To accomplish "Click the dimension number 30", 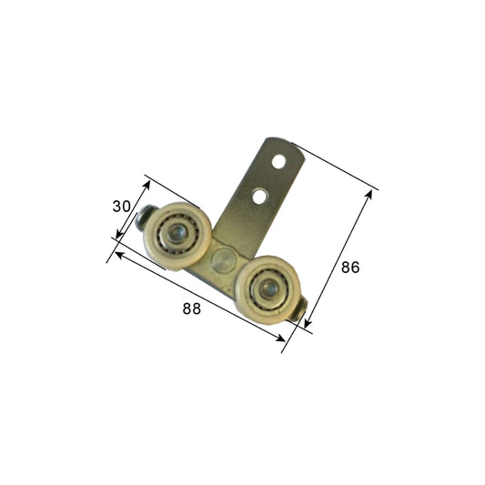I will (121, 207).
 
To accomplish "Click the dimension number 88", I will (191, 308).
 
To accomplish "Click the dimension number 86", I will (350, 268).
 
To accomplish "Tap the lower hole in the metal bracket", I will (261, 195).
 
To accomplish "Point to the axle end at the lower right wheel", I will (302, 314).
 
